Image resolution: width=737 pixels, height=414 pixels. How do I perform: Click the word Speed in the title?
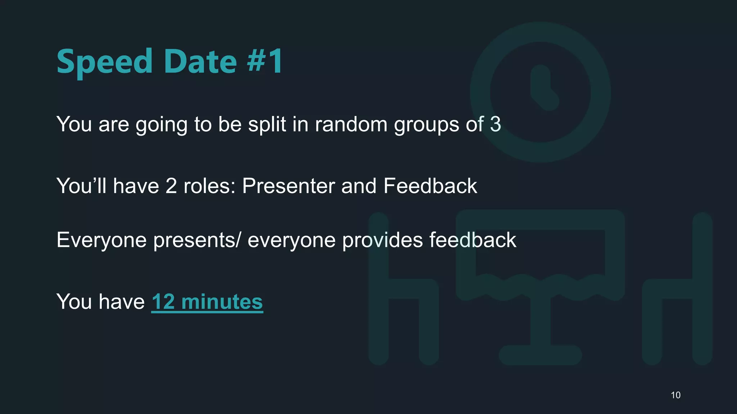point(105,62)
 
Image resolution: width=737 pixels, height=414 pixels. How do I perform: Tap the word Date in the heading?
point(200,62)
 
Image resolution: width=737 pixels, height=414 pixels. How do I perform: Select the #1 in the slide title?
point(265,62)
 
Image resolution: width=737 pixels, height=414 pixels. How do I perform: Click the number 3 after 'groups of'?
point(496,124)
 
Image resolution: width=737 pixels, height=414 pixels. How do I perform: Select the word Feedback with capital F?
point(430,186)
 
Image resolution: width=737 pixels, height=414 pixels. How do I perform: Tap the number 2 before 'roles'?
point(171,186)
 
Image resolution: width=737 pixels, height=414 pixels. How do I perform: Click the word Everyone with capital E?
point(101,240)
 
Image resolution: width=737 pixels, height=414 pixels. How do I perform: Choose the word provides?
point(382,240)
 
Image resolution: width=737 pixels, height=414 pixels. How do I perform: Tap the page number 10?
point(675,395)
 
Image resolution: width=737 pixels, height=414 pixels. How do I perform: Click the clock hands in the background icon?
point(543,88)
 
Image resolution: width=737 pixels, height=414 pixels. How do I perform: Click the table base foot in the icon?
point(540,355)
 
